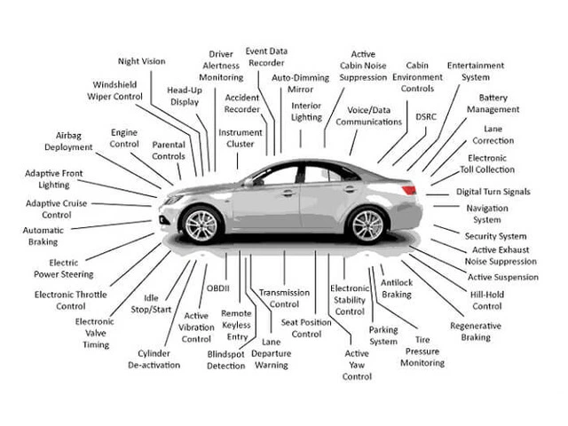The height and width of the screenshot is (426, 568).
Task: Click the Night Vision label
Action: [x=141, y=61]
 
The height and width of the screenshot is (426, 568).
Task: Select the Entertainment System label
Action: [x=475, y=71]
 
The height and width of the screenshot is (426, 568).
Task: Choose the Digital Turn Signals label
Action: [x=493, y=192]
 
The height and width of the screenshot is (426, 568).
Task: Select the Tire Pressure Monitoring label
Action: [x=422, y=351]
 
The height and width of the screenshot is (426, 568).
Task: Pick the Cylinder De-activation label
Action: [x=154, y=359]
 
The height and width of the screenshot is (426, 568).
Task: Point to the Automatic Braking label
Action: [x=43, y=236]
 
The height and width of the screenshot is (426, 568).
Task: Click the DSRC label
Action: [x=425, y=116]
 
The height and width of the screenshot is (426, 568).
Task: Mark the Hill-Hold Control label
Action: [x=486, y=300]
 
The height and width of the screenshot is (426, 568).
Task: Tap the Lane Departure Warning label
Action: [x=270, y=352]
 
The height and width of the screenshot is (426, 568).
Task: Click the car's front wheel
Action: [x=201, y=225]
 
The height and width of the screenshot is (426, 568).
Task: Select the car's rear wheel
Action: [x=367, y=225]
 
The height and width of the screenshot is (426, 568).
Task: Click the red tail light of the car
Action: [x=408, y=189]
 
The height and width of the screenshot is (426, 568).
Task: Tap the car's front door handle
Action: [x=288, y=193]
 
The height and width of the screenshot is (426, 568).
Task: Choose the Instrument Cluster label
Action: [x=240, y=138]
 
